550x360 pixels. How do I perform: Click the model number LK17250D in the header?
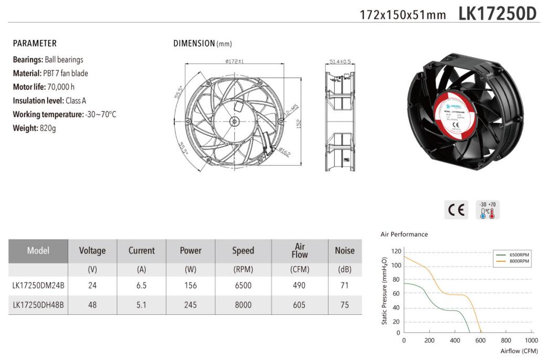[x=498, y=13]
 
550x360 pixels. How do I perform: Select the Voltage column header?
[x=92, y=251]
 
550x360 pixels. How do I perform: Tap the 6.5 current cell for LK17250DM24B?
[x=141, y=285]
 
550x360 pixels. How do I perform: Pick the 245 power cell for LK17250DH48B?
[x=191, y=305]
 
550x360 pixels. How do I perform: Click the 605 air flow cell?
[x=300, y=305]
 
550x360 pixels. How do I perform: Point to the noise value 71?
[x=344, y=285]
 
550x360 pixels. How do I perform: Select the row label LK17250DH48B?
[x=38, y=305]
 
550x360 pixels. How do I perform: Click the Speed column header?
[x=243, y=251]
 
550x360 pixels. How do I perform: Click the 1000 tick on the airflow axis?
[x=531, y=341]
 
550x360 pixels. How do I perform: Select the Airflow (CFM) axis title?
[x=519, y=351]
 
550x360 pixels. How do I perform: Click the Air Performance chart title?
[x=404, y=234]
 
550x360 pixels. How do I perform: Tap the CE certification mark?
[x=457, y=210]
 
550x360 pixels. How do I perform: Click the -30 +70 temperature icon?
[x=488, y=209]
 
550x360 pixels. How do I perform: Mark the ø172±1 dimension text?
[x=235, y=61]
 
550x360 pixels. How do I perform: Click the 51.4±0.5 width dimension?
[x=340, y=61]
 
